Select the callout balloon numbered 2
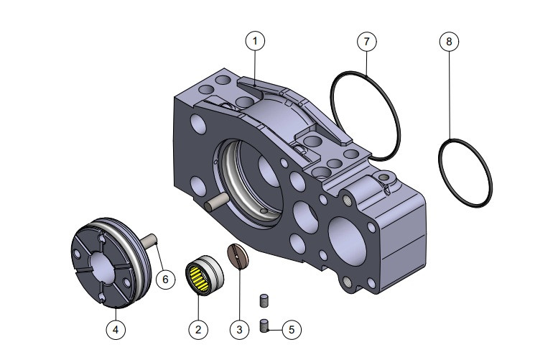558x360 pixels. point(198,329)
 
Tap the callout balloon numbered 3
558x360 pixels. point(239,329)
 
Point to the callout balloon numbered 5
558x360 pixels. point(291,329)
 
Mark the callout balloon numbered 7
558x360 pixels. point(366,41)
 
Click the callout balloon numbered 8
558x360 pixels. point(449,41)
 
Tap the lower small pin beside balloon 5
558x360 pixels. point(264,326)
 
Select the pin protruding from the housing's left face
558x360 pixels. point(216,204)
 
